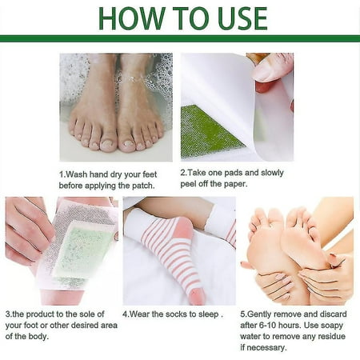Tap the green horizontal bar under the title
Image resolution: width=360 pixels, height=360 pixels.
click(x=180, y=38)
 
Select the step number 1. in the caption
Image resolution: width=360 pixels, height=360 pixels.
click(x=62, y=174)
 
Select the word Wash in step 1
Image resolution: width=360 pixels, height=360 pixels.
click(x=78, y=174)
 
